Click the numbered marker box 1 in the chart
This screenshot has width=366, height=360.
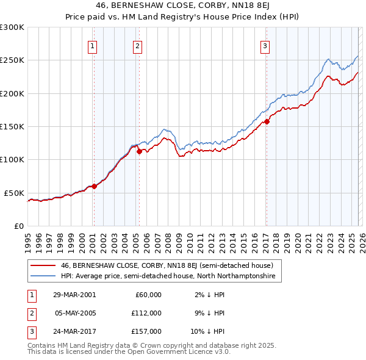93,46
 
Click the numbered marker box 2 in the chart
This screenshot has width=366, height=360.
138,46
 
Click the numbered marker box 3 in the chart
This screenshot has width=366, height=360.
265,46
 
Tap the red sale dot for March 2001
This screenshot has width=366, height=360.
94,186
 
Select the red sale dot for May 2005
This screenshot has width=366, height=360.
139,152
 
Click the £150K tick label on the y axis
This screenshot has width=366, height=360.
12,127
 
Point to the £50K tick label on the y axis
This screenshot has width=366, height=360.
14,193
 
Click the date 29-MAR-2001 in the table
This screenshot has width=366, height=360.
74,295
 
